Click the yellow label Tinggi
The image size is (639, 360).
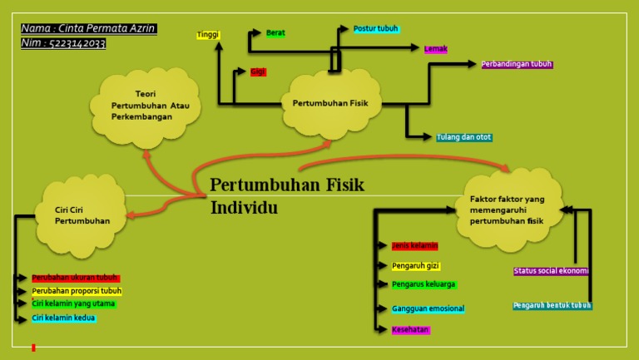tap(208, 35)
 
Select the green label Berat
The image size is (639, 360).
tap(275, 33)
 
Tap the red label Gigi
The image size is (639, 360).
tap(258, 72)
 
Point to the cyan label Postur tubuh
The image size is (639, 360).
tap(376, 29)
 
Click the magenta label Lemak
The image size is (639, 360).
tap(435, 49)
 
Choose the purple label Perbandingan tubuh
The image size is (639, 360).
tap(517, 64)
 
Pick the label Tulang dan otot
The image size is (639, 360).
tap(464, 137)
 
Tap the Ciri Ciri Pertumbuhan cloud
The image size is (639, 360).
tap(82, 215)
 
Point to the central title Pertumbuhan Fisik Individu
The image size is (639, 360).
tap(286, 195)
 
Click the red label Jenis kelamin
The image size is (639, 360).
tap(414, 246)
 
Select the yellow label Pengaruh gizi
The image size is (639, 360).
tap(415, 266)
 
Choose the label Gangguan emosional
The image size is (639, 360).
tap(428, 309)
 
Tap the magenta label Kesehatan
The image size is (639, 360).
tap(410, 330)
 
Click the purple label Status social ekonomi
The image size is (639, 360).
tap(551, 271)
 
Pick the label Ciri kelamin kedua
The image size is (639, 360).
tap(63, 318)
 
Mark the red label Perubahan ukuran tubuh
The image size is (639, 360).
tap(76, 278)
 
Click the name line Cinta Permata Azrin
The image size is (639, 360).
tap(88, 28)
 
